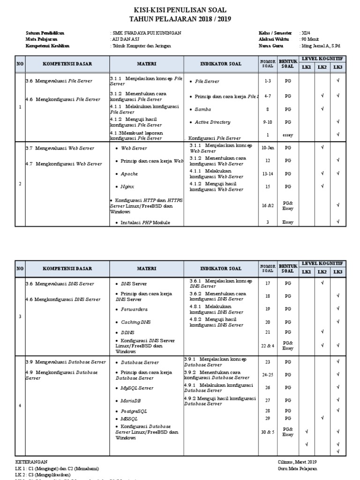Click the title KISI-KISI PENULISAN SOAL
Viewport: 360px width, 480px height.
[180, 10]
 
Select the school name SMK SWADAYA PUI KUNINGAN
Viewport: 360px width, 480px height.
[146, 33]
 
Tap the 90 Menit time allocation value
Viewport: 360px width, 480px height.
[309, 40]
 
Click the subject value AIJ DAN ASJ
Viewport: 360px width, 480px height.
[126, 40]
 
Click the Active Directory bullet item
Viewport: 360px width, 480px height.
[212, 122]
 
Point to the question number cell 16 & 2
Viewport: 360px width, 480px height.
[268, 205]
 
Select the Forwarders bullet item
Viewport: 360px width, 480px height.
[134, 309]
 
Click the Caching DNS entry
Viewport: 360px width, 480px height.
[135, 322]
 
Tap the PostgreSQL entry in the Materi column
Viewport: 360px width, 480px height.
[134, 411]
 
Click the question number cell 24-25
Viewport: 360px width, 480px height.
[268, 375]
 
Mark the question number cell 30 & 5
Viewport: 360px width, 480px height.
[268, 432]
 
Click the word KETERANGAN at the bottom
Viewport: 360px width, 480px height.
[31, 462]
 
